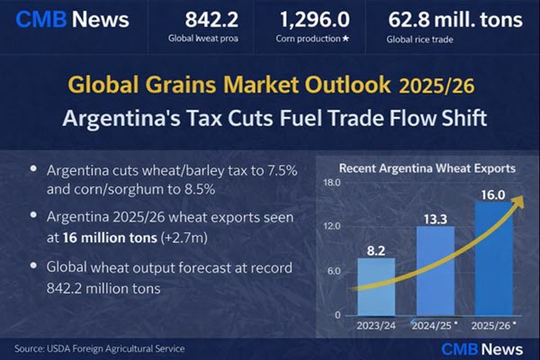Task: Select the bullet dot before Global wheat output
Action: (34, 266)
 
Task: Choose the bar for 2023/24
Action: (376, 287)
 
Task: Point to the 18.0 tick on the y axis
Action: (332, 184)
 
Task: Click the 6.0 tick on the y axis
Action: (334, 272)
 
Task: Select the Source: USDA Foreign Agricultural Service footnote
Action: (99, 347)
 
